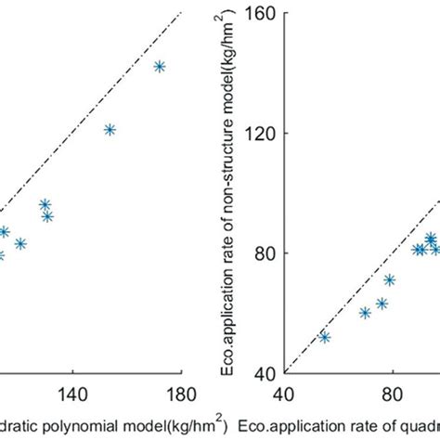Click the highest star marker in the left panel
click(x=160, y=67)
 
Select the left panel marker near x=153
click(x=110, y=130)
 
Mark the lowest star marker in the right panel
click(x=325, y=337)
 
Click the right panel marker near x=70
click(x=365, y=313)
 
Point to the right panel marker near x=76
click(x=382, y=304)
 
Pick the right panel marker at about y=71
click(x=390, y=279)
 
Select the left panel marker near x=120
click(x=20, y=244)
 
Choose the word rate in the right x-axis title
click(x=345, y=425)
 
